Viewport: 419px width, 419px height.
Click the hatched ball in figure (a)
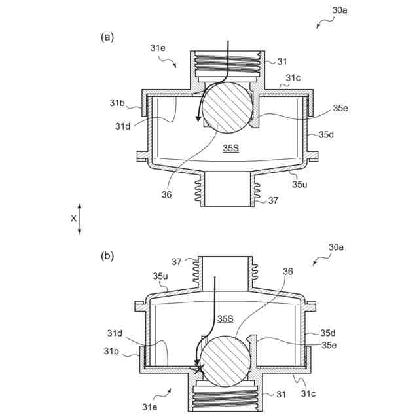click(x=227, y=109)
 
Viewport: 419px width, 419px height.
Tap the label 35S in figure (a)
click(x=230, y=149)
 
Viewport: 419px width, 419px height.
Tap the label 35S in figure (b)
click(x=225, y=319)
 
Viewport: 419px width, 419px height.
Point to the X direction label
click(x=73, y=219)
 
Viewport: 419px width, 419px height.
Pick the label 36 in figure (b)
click(x=289, y=271)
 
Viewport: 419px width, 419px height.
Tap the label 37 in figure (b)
click(x=177, y=262)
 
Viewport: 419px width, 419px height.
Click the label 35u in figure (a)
click(x=300, y=185)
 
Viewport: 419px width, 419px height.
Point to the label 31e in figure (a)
click(x=158, y=48)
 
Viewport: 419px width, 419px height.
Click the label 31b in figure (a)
click(x=117, y=103)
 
